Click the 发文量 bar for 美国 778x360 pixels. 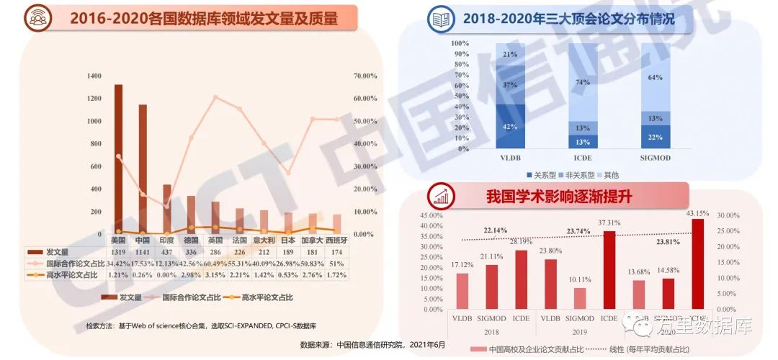click(118, 159)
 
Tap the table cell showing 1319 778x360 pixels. click(118, 252)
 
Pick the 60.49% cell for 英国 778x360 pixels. click(215, 264)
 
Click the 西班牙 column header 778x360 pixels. click(336, 240)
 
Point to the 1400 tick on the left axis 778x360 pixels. click(94, 76)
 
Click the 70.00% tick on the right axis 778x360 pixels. click(365, 76)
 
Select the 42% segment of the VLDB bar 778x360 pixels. click(509, 127)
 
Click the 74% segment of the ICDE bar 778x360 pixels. click(583, 82)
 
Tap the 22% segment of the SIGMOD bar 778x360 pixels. click(656, 137)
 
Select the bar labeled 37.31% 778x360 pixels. click(609, 270)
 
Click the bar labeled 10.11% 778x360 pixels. click(580, 299)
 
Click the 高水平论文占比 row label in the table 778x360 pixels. click(68, 275)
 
